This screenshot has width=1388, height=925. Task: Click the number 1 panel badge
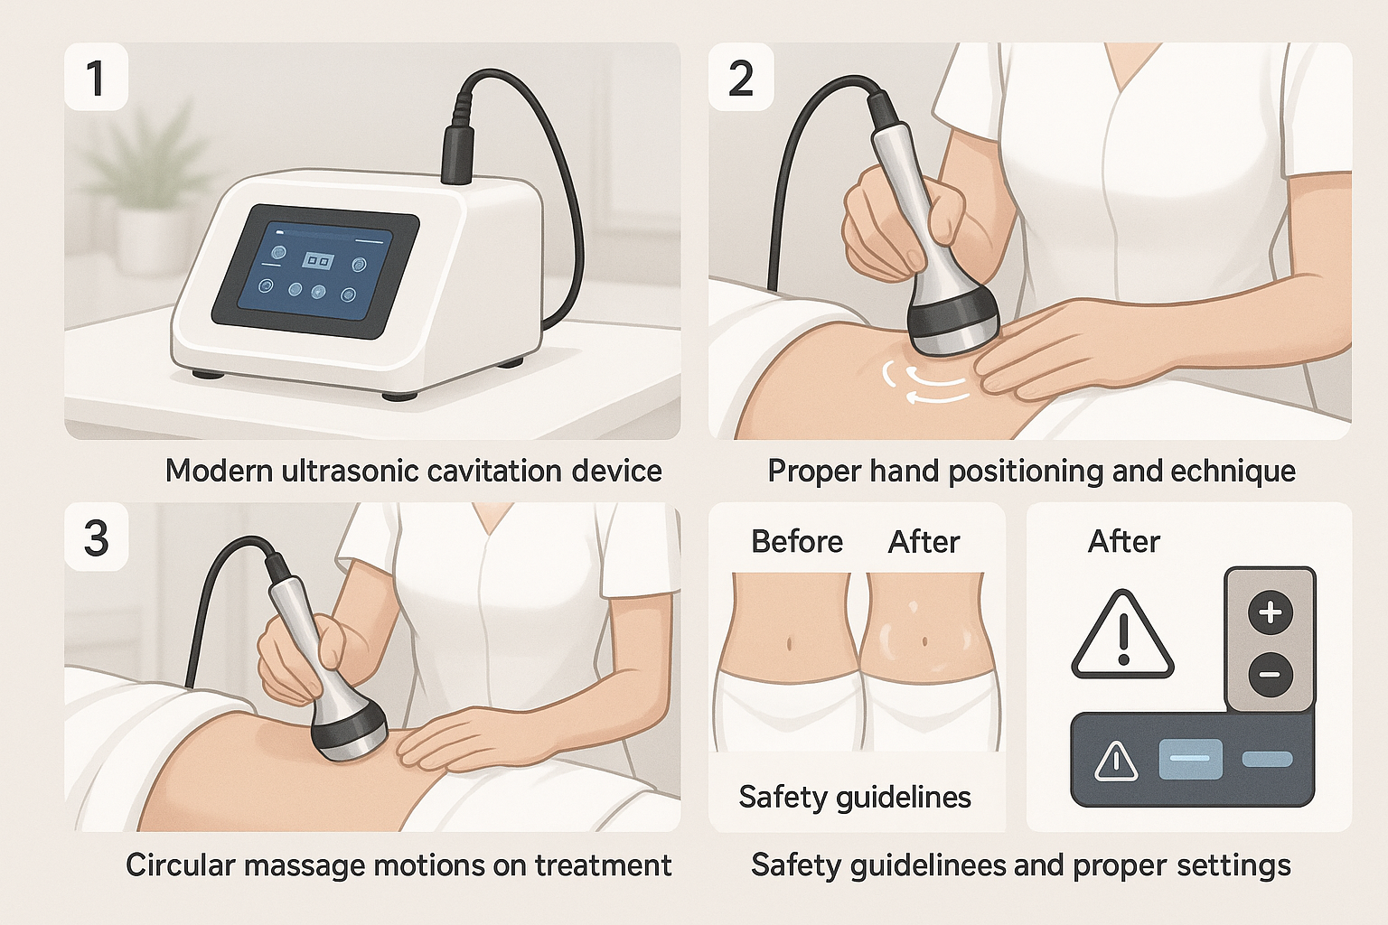click(x=96, y=78)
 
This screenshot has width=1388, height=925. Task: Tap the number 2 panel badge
click(x=741, y=78)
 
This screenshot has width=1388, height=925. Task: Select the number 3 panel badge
click(x=96, y=538)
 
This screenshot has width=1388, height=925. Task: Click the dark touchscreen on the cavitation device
click(x=314, y=271)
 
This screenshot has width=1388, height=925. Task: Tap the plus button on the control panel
click(x=1270, y=612)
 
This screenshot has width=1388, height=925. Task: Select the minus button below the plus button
click(x=1270, y=674)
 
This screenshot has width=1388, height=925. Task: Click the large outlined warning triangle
click(x=1122, y=637)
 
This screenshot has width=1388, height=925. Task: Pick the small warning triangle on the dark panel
click(x=1115, y=761)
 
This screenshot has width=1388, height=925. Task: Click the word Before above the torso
click(x=796, y=542)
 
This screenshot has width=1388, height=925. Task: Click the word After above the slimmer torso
click(x=923, y=542)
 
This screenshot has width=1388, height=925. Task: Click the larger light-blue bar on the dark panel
click(x=1190, y=759)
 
